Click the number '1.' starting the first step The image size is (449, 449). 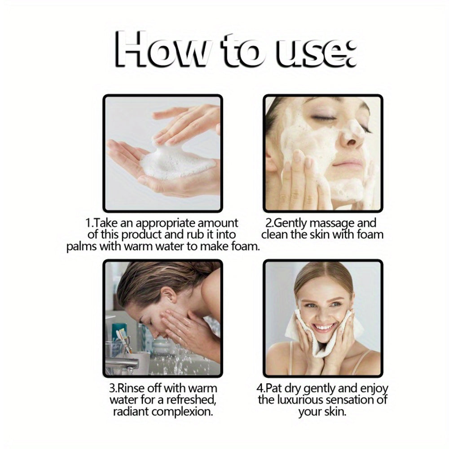click(89, 223)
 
